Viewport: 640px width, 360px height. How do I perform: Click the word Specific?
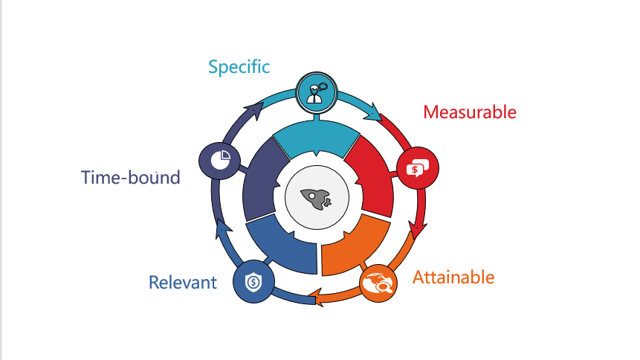[x=239, y=68]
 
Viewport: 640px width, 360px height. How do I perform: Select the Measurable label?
[x=470, y=112]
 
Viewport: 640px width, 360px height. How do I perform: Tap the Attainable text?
[x=453, y=277]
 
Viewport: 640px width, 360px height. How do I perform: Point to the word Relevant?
[x=182, y=283]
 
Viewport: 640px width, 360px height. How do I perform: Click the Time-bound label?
[x=131, y=177]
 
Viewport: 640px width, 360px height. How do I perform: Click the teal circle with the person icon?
[x=317, y=93]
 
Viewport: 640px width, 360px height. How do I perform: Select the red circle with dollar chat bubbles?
[x=418, y=168]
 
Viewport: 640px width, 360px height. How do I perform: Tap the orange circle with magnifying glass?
[x=378, y=283]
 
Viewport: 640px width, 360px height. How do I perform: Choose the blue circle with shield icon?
[x=253, y=282]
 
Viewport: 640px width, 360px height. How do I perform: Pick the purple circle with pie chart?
[x=219, y=161]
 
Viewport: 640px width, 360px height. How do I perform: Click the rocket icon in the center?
[x=317, y=199]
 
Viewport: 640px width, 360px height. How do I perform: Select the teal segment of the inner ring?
[x=317, y=138]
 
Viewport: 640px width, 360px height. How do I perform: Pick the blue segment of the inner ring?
[x=282, y=246]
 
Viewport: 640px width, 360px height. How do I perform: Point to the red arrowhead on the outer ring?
[x=418, y=229]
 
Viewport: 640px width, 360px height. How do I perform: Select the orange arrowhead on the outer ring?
[x=317, y=298]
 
